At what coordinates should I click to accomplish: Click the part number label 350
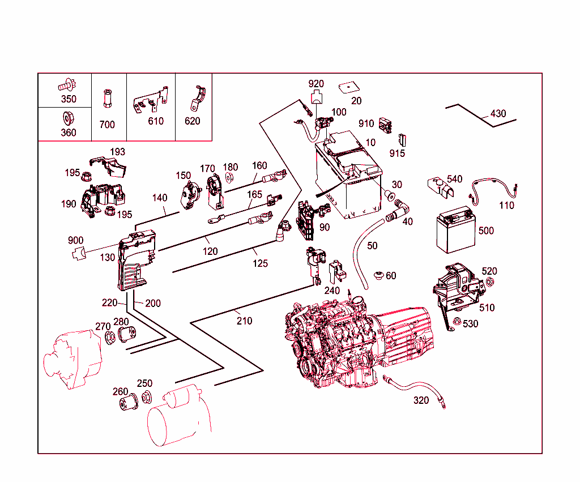[69, 99]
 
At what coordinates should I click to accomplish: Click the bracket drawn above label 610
[151, 101]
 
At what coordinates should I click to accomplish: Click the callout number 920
[316, 84]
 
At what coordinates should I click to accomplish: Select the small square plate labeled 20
[348, 87]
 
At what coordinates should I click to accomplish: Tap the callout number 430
[498, 114]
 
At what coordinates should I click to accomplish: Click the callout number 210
[245, 321]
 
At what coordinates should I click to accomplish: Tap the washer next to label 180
[229, 177]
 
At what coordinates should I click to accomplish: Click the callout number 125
[261, 263]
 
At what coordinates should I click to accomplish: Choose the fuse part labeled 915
[403, 140]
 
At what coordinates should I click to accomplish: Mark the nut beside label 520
[491, 282]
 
